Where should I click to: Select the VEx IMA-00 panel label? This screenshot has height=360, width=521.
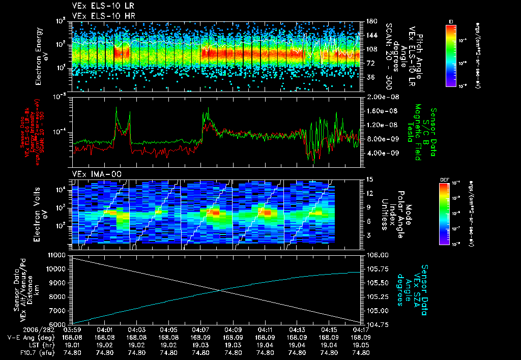(91, 174)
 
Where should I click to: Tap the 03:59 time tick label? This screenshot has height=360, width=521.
(72, 329)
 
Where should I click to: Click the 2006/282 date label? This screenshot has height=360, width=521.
(18, 329)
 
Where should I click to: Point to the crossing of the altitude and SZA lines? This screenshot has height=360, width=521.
(220, 290)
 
